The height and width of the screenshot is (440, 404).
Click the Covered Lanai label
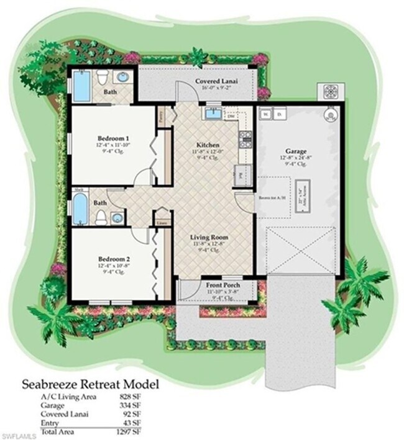pyautogui.click(x=214, y=82)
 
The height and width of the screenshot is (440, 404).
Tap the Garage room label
pyautogui.click(x=295, y=151)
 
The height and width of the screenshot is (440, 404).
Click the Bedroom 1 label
pyautogui.click(x=113, y=138)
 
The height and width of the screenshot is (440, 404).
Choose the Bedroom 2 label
pyautogui.click(x=113, y=259)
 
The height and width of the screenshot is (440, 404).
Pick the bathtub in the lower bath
pyautogui.click(x=81, y=209)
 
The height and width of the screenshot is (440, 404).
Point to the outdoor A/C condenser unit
pyautogui.click(x=329, y=91)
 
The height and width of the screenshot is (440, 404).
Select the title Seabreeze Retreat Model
pyautogui.click(x=91, y=384)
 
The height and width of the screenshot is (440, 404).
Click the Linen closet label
pyautogui.click(x=162, y=222)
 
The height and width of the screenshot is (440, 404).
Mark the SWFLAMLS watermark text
pyautogui.click(x=17, y=433)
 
